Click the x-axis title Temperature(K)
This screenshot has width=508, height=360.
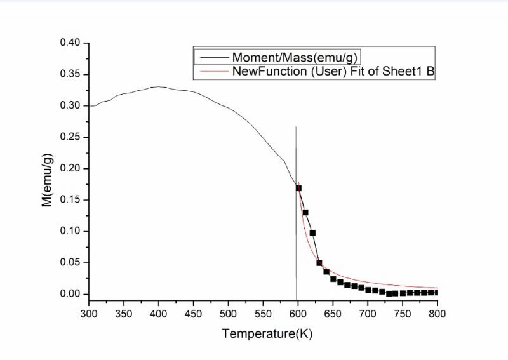267,333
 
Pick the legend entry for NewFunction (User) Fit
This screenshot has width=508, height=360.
333,71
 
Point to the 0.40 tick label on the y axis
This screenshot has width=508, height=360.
70,43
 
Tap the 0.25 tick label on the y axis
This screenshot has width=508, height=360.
70,137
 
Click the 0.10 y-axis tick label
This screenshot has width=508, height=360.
70,231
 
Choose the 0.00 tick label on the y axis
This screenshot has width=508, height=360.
70,294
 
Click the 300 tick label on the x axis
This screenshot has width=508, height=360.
89,313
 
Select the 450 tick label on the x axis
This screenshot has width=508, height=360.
194,313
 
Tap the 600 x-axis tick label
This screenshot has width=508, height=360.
298,313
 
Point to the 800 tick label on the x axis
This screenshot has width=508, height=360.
438,313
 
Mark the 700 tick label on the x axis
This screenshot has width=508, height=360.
368,313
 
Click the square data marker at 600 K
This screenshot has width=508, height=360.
298,188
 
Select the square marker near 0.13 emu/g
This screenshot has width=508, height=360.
305,212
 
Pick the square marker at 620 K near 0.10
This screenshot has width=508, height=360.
312,232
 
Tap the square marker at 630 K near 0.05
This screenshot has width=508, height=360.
319,263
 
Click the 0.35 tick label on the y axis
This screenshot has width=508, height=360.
70,74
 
